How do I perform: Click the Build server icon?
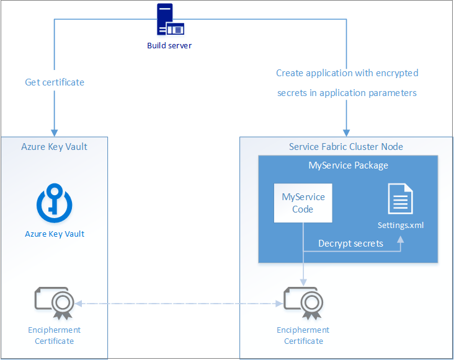pos(169,20)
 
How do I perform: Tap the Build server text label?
pos(169,45)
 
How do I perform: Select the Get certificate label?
pos(55,82)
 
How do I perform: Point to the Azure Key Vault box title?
pos(55,147)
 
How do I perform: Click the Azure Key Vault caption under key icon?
pos(55,234)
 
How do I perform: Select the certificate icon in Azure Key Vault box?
pos(55,302)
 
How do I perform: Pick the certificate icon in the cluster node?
pos(303,302)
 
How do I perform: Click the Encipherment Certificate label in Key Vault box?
pos(55,335)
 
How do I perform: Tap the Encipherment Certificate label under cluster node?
pos(303,335)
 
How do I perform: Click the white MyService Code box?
pos(303,203)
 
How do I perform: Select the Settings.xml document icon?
pos(400,199)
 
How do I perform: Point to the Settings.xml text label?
pos(401,226)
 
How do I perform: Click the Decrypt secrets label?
pos(350,244)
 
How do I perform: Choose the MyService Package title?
pos(348,165)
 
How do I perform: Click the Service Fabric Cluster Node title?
pos(346,147)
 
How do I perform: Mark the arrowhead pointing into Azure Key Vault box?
pos(55,133)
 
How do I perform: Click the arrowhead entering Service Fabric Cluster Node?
pos(346,133)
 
